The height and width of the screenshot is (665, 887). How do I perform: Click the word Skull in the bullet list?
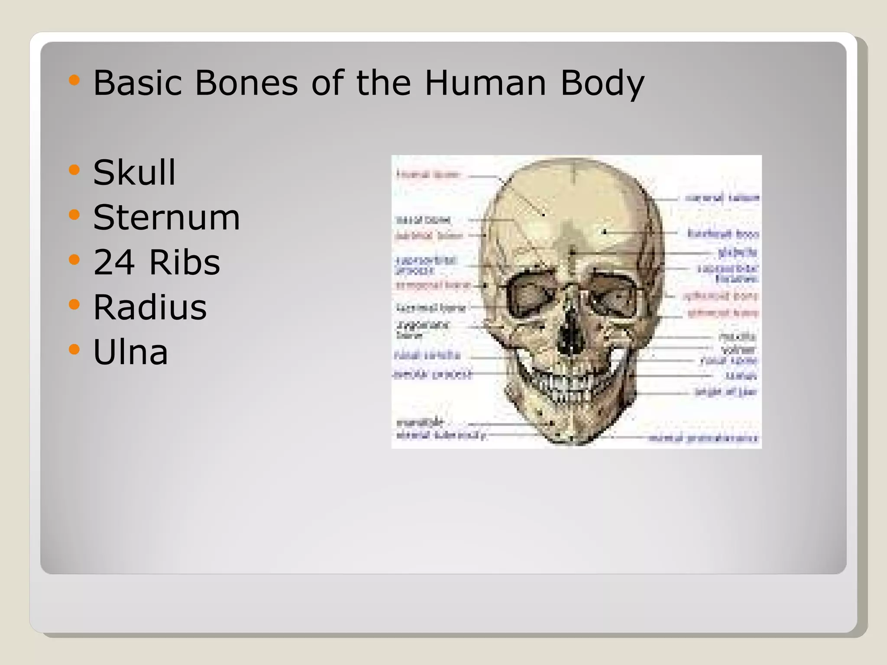coord(134,173)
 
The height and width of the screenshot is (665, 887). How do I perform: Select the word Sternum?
coord(166,217)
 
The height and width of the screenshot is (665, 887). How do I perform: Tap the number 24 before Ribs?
coord(114,262)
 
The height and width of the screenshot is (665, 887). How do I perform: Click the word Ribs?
coord(185,262)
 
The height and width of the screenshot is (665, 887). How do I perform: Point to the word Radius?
coord(150,307)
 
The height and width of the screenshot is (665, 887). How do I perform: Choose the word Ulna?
coord(130,352)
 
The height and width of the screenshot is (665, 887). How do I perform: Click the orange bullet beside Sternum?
coord(74,215)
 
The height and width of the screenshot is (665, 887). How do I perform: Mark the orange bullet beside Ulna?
coord(74,349)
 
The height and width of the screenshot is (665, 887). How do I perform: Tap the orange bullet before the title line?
coord(74,80)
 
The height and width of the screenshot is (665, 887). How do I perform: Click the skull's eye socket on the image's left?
coord(525,297)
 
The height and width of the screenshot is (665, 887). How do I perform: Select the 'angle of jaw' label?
coord(726,392)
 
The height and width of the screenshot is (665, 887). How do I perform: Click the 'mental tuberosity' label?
coord(441,436)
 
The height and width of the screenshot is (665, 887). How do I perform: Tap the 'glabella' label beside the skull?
coord(737,252)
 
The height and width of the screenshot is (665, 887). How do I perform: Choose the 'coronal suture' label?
coord(722,198)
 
